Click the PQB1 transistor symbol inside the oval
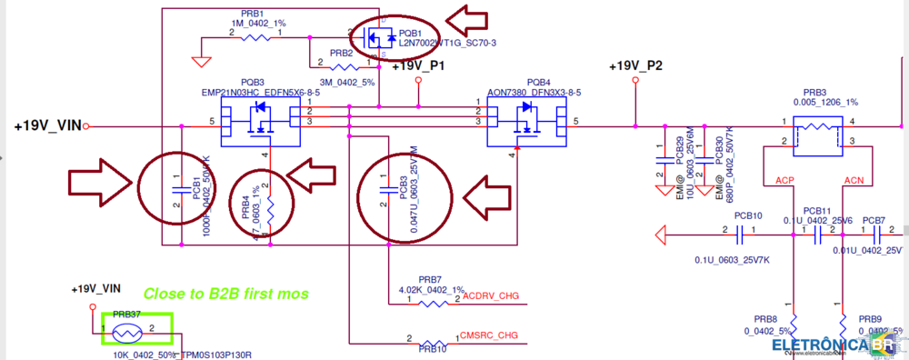(x=375, y=38)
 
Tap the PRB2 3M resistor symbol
(x=343, y=66)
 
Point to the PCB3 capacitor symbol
(x=389, y=190)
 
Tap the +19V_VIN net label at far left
(x=46, y=126)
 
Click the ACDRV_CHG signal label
(x=490, y=296)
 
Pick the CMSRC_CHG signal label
(x=490, y=335)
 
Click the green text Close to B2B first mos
(x=225, y=294)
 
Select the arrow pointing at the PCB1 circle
(x=101, y=183)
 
